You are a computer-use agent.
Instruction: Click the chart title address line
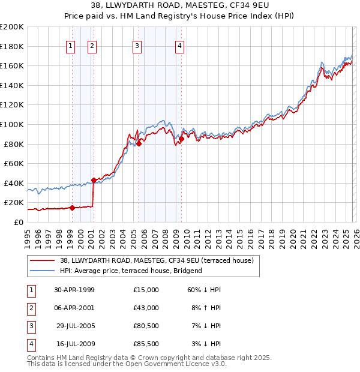tap(179, 5)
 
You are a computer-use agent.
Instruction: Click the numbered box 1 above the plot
tap(71, 45)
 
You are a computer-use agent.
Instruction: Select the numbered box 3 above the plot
tap(137, 45)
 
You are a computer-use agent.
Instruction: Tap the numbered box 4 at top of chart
tap(180, 45)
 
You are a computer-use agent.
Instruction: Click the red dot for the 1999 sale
tap(72, 208)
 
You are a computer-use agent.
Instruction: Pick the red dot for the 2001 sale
tap(93, 180)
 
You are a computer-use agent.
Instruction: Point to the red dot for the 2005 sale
tap(139, 143)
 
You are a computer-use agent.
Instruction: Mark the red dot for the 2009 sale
tap(181, 139)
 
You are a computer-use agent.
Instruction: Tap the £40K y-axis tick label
tap(13, 183)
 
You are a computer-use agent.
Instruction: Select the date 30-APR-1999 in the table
tap(74, 290)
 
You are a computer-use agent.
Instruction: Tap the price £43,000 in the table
tap(146, 308)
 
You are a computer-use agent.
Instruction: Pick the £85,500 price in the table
tap(146, 344)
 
